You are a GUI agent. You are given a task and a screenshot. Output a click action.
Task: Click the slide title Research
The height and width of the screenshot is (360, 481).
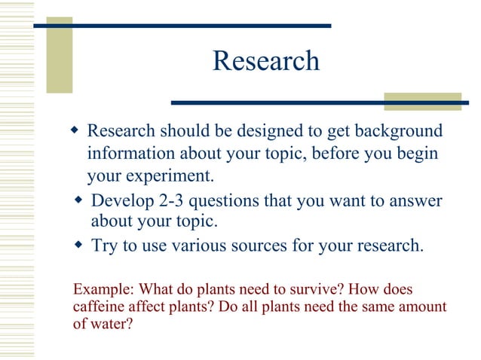265,61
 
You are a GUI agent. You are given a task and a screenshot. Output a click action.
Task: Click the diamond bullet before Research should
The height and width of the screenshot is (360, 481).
74,132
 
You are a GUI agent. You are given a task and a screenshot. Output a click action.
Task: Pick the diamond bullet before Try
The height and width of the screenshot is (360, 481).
79,245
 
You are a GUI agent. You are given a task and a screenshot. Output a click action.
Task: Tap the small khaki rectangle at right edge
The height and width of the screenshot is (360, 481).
422,102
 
